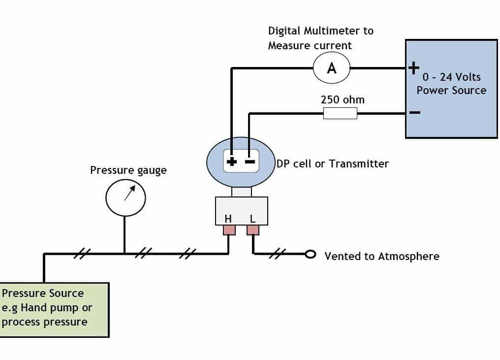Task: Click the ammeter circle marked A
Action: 332,68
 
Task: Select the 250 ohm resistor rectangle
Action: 340,114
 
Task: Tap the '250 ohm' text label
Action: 343,99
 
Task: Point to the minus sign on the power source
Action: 414,112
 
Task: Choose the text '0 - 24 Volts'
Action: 451,77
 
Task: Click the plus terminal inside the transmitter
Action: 231,161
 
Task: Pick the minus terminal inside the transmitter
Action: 250,161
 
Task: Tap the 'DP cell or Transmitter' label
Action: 333,164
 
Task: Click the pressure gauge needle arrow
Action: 129,193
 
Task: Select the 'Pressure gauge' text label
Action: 128,170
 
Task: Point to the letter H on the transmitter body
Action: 228,219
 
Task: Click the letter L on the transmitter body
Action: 252,219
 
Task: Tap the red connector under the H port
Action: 229,230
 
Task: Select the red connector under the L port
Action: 253,230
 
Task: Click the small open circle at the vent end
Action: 310,254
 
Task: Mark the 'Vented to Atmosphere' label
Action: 382,256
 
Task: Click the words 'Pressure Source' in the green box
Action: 43,294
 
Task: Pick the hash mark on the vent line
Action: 279,253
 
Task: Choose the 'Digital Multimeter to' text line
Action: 321,31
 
